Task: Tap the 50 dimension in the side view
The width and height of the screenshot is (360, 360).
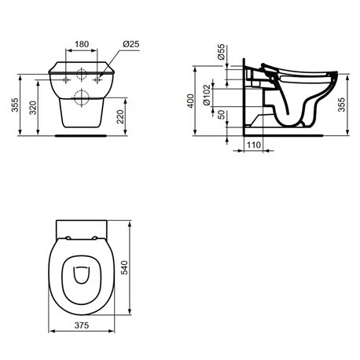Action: (221, 115)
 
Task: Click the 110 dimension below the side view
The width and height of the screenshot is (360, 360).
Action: (253, 146)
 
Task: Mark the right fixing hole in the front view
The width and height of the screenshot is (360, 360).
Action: (99, 80)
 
